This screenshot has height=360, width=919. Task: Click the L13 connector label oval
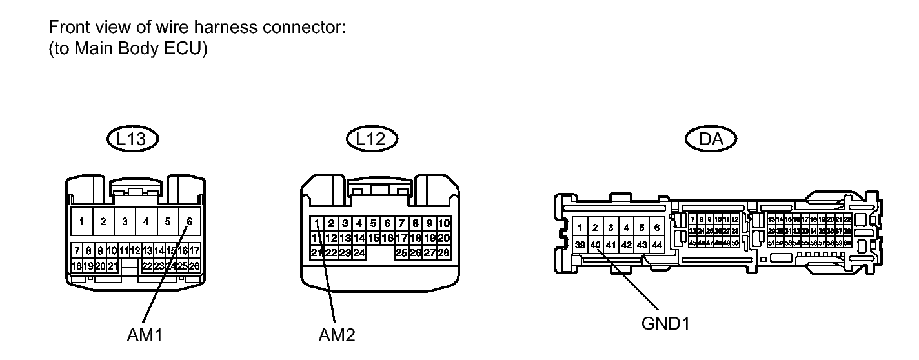click(133, 139)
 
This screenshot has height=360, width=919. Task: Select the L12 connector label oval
click(372, 139)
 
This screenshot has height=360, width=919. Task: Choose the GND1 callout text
click(665, 323)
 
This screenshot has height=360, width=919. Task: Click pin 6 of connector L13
click(189, 221)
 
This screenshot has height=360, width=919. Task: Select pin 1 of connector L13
click(81, 221)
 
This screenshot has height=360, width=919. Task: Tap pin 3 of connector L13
click(125, 221)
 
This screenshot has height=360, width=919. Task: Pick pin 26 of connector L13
click(194, 265)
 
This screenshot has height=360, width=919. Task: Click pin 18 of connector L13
click(77, 265)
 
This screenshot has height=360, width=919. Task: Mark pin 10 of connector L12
click(444, 224)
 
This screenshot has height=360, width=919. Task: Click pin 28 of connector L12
click(444, 252)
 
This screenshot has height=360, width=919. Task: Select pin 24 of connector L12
click(359, 252)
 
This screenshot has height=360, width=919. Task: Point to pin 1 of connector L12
click(318, 224)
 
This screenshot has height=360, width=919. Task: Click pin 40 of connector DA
click(596, 245)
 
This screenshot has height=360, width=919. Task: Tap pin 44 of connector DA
click(657, 245)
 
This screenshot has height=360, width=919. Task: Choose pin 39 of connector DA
click(580, 245)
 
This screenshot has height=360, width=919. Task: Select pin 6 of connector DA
click(657, 227)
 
